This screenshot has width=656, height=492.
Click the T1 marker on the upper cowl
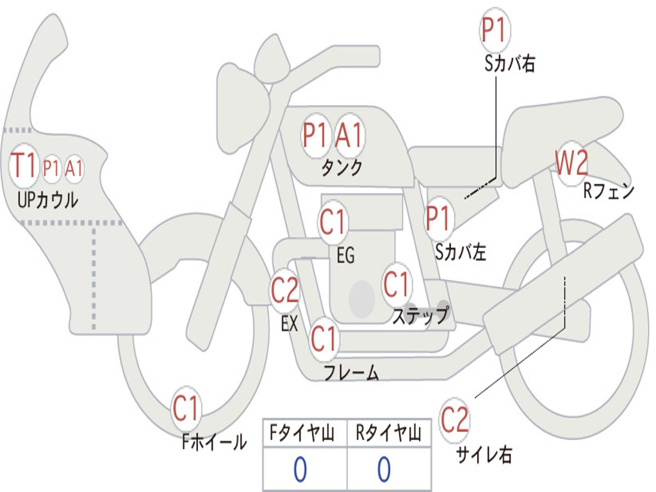click(x=24, y=166)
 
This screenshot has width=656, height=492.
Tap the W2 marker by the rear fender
click(x=571, y=164)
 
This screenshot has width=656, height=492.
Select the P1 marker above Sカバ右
click(x=495, y=31)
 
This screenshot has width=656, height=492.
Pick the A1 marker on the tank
click(x=349, y=135)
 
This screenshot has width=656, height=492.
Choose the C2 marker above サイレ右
click(x=455, y=420)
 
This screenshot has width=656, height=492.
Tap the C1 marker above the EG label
click(x=333, y=222)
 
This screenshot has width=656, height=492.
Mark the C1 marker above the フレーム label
click(x=324, y=338)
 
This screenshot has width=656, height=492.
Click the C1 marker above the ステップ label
click(x=396, y=284)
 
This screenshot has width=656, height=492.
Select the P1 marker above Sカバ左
click(x=439, y=218)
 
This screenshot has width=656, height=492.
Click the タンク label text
click(x=341, y=168)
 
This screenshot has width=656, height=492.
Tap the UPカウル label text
click(x=48, y=200)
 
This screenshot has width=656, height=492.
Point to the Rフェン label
click(x=608, y=191)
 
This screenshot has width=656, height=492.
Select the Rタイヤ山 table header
click(x=389, y=434)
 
